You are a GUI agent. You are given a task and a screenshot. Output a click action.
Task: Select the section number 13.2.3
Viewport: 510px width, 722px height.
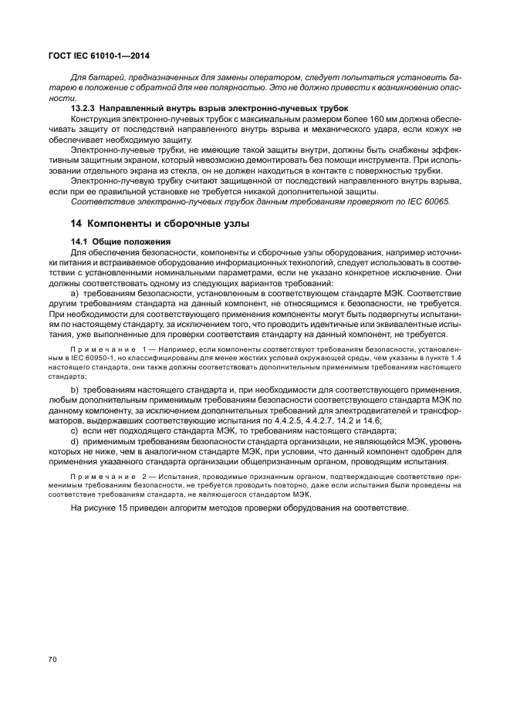84,110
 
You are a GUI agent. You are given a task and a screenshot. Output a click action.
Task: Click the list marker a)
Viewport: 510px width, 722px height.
75,295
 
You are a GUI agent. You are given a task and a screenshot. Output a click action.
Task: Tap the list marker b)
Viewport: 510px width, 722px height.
75,390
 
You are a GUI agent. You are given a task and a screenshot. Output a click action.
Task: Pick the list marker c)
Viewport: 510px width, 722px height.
75,430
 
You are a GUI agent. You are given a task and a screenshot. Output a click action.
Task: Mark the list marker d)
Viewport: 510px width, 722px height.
75,440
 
